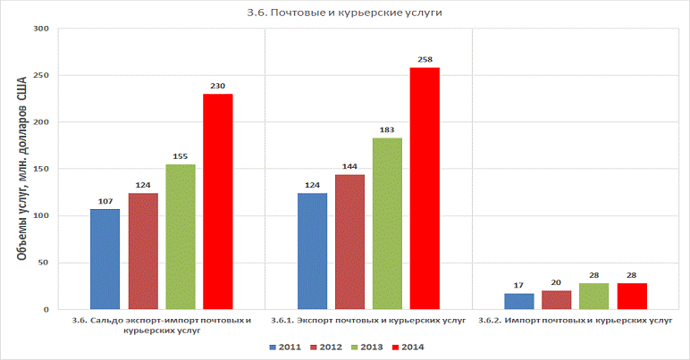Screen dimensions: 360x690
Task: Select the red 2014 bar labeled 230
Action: click(217, 201)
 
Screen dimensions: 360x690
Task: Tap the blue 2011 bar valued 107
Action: click(105, 259)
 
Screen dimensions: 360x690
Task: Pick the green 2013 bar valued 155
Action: click(180, 237)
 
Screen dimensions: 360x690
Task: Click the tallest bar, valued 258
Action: click(425, 188)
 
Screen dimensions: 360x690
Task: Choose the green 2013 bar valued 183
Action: click(387, 223)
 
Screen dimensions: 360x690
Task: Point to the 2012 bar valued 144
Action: click(349, 242)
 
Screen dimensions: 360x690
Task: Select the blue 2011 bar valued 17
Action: click(518, 301)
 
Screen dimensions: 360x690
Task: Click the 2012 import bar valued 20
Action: click(556, 299)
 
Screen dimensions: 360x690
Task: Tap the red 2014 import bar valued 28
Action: click(631, 296)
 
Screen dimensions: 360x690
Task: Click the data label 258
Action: click(425, 60)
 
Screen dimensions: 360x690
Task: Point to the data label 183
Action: click(387, 130)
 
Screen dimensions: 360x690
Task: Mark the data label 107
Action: click(105, 201)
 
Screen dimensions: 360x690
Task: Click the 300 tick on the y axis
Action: click(40, 29)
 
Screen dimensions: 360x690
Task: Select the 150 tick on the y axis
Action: click(40, 169)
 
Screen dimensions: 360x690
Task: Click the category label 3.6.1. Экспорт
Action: click(368, 320)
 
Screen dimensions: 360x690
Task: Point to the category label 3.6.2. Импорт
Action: click(575, 320)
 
